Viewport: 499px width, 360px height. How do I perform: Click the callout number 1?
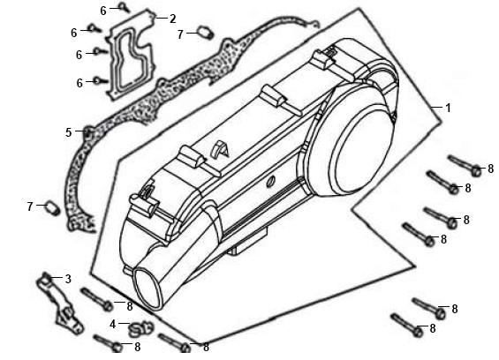[x=448, y=109]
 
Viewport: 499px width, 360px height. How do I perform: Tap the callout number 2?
[x=172, y=19]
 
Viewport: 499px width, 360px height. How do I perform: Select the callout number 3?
[x=68, y=279]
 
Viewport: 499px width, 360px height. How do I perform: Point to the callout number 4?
[x=113, y=325]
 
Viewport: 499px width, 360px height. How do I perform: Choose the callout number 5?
[x=69, y=132]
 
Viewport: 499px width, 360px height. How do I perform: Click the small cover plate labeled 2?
[x=131, y=55]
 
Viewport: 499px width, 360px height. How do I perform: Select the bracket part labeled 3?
[x=60, y=303]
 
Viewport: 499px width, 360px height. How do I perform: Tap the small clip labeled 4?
[x=140, y=329]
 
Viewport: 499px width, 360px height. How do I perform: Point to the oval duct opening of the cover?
[x=148, y=289]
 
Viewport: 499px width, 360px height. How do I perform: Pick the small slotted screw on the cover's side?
[x=271, y=182]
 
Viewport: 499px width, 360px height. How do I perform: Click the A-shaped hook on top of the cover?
[x=220, y=149]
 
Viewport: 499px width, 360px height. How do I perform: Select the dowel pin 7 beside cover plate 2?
[x=206, y=32]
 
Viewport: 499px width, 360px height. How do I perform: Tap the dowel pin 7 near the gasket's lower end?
[x=53, y=207]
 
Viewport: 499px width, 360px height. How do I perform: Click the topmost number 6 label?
[x=103, y=11]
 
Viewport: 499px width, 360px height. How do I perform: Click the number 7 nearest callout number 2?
[x=180, y=34]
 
